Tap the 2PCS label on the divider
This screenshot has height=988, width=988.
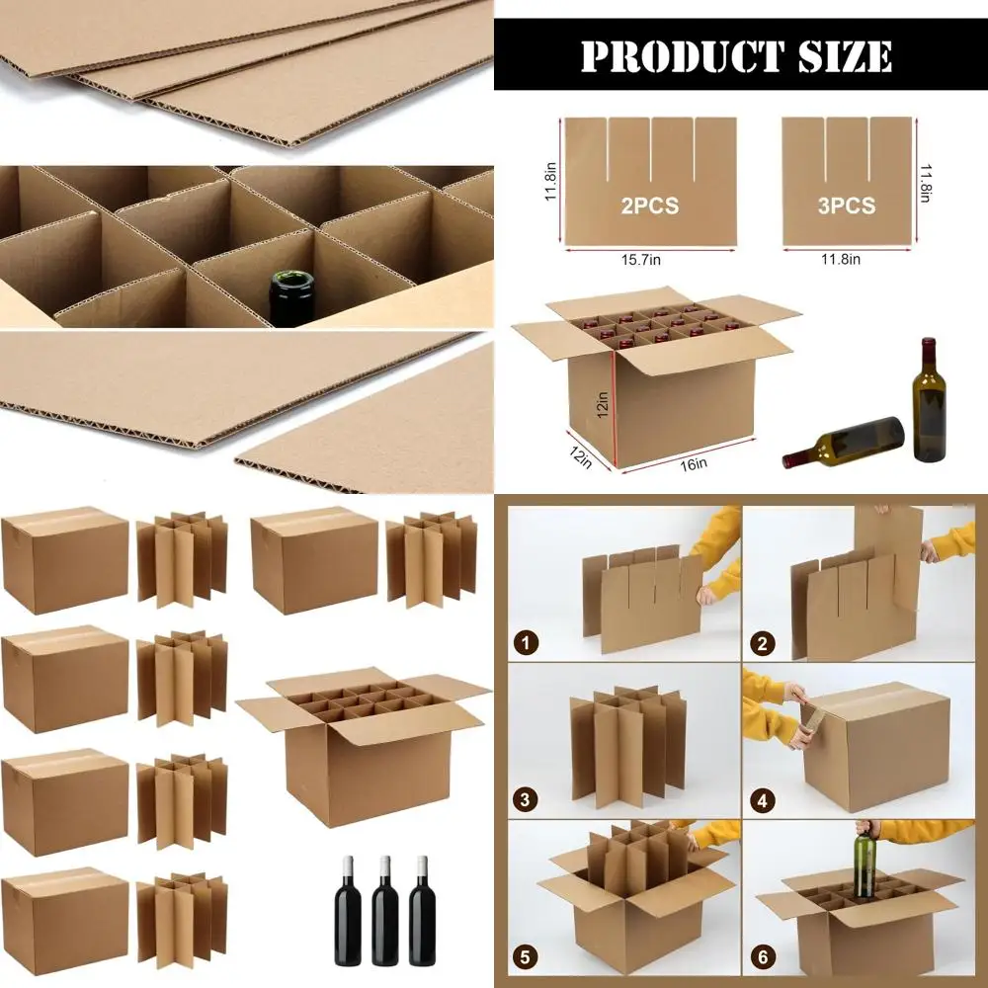(x=649, y=206)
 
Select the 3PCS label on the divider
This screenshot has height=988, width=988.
(x=847, y=206)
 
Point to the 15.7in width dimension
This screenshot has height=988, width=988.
(x=649, y=259)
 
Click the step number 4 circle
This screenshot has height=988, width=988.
(x=762, y=799)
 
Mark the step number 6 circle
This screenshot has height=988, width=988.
(x=762, y=955)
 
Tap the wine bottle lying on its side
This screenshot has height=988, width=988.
(x=845, y=442)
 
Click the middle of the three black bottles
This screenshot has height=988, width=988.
(x=384, y=911)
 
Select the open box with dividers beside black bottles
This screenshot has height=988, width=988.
(x=364, y=746)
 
